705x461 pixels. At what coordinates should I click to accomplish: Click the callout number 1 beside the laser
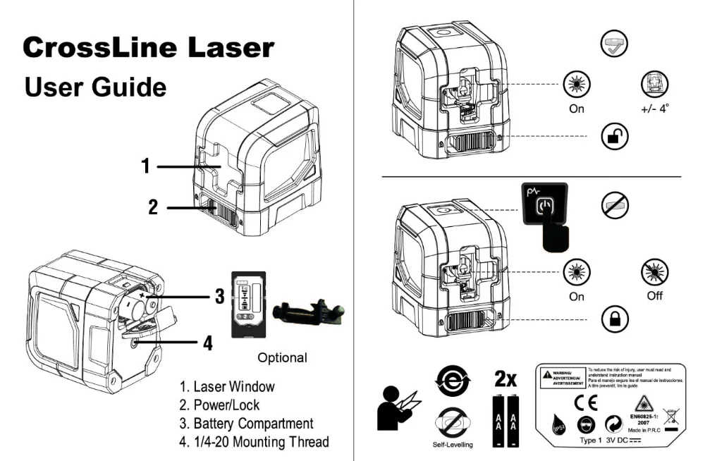tap(145, 166)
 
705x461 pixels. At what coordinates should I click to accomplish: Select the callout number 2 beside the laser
tap(153, 208)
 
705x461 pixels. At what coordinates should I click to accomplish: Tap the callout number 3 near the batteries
tap(219, 296)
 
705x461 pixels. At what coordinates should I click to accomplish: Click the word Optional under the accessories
tap(282, 357)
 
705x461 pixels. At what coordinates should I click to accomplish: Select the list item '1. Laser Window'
tap(226, 387)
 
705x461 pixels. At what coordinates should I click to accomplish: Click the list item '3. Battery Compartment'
tap(245, 424)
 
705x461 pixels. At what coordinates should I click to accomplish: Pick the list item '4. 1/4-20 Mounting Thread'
tap(253, 442)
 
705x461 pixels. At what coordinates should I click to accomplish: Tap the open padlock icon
tap(613, 135)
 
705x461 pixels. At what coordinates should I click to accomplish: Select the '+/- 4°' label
tap(655, 109)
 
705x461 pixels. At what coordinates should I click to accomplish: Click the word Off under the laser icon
tap(655, 296)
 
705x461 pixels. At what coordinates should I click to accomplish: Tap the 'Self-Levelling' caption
tap(453, 445)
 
